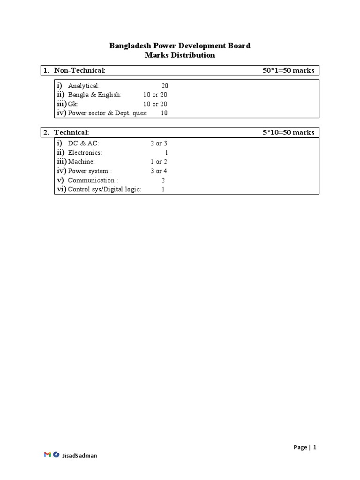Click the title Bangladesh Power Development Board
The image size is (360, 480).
(180, 45)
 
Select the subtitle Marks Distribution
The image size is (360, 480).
(180, 55)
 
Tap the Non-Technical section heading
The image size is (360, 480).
(80, 70)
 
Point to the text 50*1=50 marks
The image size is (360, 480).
(288, 70)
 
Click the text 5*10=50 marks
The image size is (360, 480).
(288, 132)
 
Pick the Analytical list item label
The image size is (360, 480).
(84, 86)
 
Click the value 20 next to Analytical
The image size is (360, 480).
(165, 86)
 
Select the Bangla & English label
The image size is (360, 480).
(95, 95)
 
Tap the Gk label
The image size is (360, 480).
(73, 104)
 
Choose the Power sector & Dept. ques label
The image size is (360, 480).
(107, 113)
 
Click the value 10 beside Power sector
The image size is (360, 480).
(164, 113)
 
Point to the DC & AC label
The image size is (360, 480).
(83, 143)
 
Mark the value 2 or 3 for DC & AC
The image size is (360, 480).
(159, 143)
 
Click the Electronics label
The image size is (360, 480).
(85, 153)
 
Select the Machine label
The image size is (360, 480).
(81, 162)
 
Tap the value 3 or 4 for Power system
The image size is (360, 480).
(159, 171)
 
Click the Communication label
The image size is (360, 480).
(93, 180)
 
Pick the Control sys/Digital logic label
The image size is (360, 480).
(105, 189)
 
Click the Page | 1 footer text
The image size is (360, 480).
(305, 447)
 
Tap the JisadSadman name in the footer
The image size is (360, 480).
(80, 455)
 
